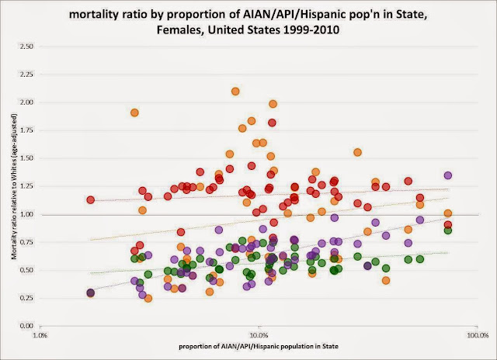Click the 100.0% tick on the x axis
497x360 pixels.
[476, 335]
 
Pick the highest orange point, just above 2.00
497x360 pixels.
[235, 92]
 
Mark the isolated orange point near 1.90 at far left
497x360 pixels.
[134, 112]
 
